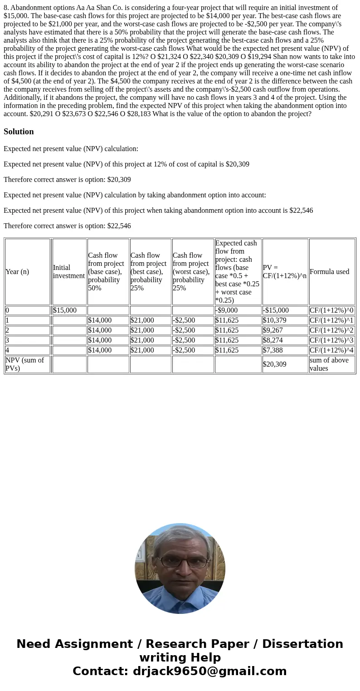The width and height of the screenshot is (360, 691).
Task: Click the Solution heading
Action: (19, 132)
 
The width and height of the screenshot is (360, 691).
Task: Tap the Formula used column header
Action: (329, 272)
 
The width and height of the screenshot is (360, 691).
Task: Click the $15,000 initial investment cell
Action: (65, 310)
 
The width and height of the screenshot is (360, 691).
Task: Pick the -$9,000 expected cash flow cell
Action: (226, 310)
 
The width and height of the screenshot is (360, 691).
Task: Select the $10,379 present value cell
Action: (274, 320)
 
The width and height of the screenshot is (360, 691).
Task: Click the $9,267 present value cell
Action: (272, 330)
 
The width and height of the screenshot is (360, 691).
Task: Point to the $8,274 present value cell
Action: (272, 340)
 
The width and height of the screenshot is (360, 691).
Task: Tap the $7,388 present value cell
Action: (272, 350)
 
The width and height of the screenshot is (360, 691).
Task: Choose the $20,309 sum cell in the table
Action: (274, 364)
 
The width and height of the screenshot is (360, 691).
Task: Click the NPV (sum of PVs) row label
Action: (24, 364)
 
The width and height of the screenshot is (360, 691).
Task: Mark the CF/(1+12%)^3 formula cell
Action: (331, 340)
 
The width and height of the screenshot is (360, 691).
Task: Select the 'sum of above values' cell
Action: (329, 364)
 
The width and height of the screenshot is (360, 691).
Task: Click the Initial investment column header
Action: (69, 272)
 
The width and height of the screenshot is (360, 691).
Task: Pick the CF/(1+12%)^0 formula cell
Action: (331, 310)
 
